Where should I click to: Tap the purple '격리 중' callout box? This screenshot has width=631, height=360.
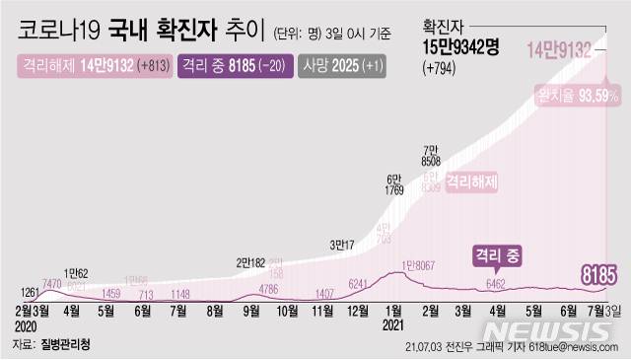(x=498, y=253)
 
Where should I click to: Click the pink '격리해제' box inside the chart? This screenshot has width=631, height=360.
(x=471, y=182)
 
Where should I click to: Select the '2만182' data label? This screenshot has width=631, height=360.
(x=253, y=262)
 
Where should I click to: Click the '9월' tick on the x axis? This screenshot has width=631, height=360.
(x=251, y=310)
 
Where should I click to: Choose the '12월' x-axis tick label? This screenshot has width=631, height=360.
(x=358, y=310)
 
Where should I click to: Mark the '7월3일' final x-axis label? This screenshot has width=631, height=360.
(x=602, y=310)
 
